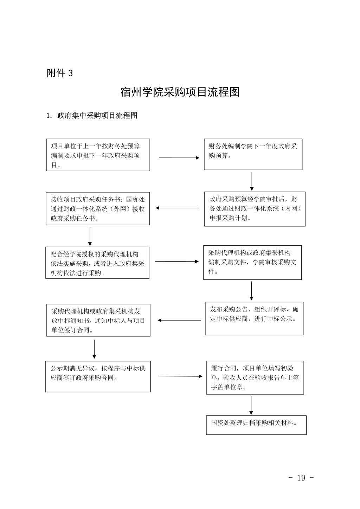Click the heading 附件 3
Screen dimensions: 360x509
tap(59, 73)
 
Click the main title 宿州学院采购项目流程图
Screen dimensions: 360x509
tap(180, 92)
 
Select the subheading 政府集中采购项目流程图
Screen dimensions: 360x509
tap(97, 115)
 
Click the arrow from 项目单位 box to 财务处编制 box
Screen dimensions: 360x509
tap(179, 158)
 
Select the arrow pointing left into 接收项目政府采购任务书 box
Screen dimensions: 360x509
tap(177, 208)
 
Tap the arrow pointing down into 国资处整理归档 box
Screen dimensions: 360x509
tap(251, 406)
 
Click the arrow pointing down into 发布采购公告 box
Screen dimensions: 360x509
tap(251, 291)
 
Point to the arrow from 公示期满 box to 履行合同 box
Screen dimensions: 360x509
tap(180, 376)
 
